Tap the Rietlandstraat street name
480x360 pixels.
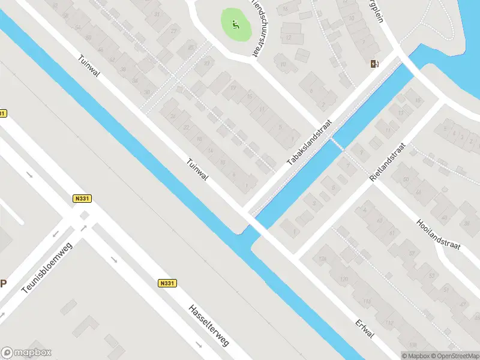pos(388,163)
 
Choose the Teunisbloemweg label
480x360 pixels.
pos(46,272)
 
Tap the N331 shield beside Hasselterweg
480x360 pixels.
pos(167,283)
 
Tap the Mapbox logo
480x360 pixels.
pos(26,353)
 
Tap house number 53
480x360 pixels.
pos(432,275)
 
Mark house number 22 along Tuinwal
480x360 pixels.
pos(187,127)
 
